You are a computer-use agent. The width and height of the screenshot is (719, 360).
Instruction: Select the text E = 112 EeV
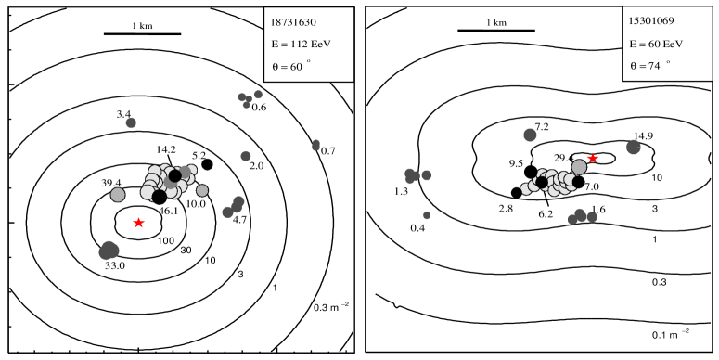point(301,44)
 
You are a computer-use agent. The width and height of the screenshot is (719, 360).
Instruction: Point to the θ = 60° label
point(289,66)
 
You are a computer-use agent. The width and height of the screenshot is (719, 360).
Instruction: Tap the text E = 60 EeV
point(656,43)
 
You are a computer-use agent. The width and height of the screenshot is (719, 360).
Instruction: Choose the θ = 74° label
point(648,65)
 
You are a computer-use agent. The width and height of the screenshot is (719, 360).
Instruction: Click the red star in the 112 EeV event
point(138,223)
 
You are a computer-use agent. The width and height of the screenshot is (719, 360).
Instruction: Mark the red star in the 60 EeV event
point(593,158)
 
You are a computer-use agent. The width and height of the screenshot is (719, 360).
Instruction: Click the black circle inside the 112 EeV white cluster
point(174,175)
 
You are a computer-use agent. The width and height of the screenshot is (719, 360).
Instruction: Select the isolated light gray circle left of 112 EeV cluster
point(118,195)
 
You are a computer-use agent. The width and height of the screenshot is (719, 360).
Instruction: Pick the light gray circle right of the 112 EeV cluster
point(202,190)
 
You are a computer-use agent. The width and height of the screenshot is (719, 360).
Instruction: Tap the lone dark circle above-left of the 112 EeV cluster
point(131,122)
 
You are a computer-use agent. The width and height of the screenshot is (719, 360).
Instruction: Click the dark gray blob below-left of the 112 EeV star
point(109,251)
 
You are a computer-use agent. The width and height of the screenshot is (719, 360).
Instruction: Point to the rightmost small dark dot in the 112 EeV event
point(315,145)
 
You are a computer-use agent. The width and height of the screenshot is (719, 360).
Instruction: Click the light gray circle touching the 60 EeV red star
point(580,166)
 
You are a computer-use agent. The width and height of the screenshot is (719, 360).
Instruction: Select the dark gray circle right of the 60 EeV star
point(634,147)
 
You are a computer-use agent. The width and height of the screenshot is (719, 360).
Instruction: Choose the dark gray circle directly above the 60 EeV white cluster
point(530,135)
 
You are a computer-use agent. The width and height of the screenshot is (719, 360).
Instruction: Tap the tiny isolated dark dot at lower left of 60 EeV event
point(427,215)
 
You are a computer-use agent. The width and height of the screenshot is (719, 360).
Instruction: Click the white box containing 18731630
point(309,45)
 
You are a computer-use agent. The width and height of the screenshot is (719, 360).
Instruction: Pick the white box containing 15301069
point(667,44)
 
